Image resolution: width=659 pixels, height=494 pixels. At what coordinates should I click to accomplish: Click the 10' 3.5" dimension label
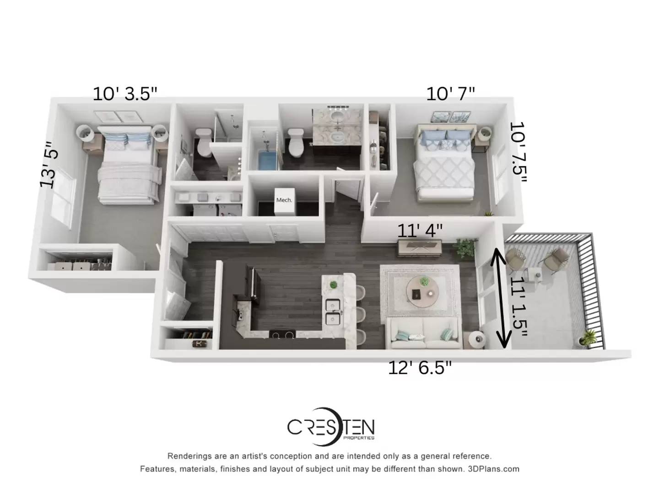pyautogui.click(x=125, y=94)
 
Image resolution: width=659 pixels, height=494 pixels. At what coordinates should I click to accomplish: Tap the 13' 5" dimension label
pyautogui.click(x=49, y=165)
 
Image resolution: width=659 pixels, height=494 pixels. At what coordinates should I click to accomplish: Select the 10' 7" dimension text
pyautogui.click(x=450, y=94)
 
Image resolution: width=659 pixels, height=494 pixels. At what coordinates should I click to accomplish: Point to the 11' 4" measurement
pyautogui.click(x=420, y=231)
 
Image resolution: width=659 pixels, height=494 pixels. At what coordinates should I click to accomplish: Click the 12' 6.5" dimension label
pyautogui.click(x=420, y=368)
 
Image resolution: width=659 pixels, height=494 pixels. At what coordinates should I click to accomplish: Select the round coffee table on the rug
pyautogui.click(x=422, y=291)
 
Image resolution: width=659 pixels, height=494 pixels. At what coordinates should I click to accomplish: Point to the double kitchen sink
pyautogui.click(x=333, y=312)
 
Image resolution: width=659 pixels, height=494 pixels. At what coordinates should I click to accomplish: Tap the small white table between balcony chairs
pyautogui.click(x=535, y=274)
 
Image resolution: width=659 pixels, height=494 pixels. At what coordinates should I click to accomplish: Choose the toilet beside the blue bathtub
pyautogui.click(x=296, y=142)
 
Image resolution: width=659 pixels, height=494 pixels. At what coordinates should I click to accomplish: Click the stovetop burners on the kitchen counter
pyautogui.click(x=282, y=334)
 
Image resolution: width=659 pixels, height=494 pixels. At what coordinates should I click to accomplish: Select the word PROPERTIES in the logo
pyautogui.click(x=359, y=438)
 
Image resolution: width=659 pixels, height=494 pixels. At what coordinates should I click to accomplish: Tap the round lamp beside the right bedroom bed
pyautogui.click(x=484, y=133)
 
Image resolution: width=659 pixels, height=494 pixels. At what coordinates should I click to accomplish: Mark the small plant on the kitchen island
pyautogui.click(x=333, y=285)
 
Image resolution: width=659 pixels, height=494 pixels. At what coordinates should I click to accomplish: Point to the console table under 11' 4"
pyautogui.click(x=420, y=248)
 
